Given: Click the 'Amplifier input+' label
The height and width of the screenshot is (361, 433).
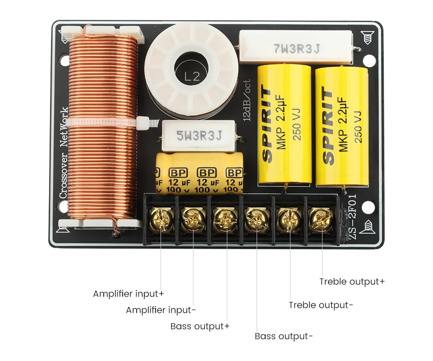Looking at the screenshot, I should (x=129, y=294).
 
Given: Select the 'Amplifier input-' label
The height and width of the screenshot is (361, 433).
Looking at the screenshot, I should (x=161, y=310).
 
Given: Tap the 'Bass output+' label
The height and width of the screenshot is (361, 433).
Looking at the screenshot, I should (x=200, y=326).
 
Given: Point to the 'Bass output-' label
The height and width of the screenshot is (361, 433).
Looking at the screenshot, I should (x=283, y=336).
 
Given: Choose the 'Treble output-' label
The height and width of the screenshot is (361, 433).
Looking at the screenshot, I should (x=321, y=305).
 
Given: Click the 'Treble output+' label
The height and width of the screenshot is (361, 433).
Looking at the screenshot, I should (x=352, y=282).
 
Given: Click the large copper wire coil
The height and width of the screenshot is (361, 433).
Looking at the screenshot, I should (x=103, y=126).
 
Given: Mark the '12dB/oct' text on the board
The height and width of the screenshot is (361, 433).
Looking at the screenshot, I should (x=246, y=99).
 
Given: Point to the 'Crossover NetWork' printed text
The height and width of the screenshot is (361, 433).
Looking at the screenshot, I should (x=64, y=153).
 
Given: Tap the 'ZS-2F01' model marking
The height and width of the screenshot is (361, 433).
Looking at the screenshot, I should (x=352, y=217).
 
